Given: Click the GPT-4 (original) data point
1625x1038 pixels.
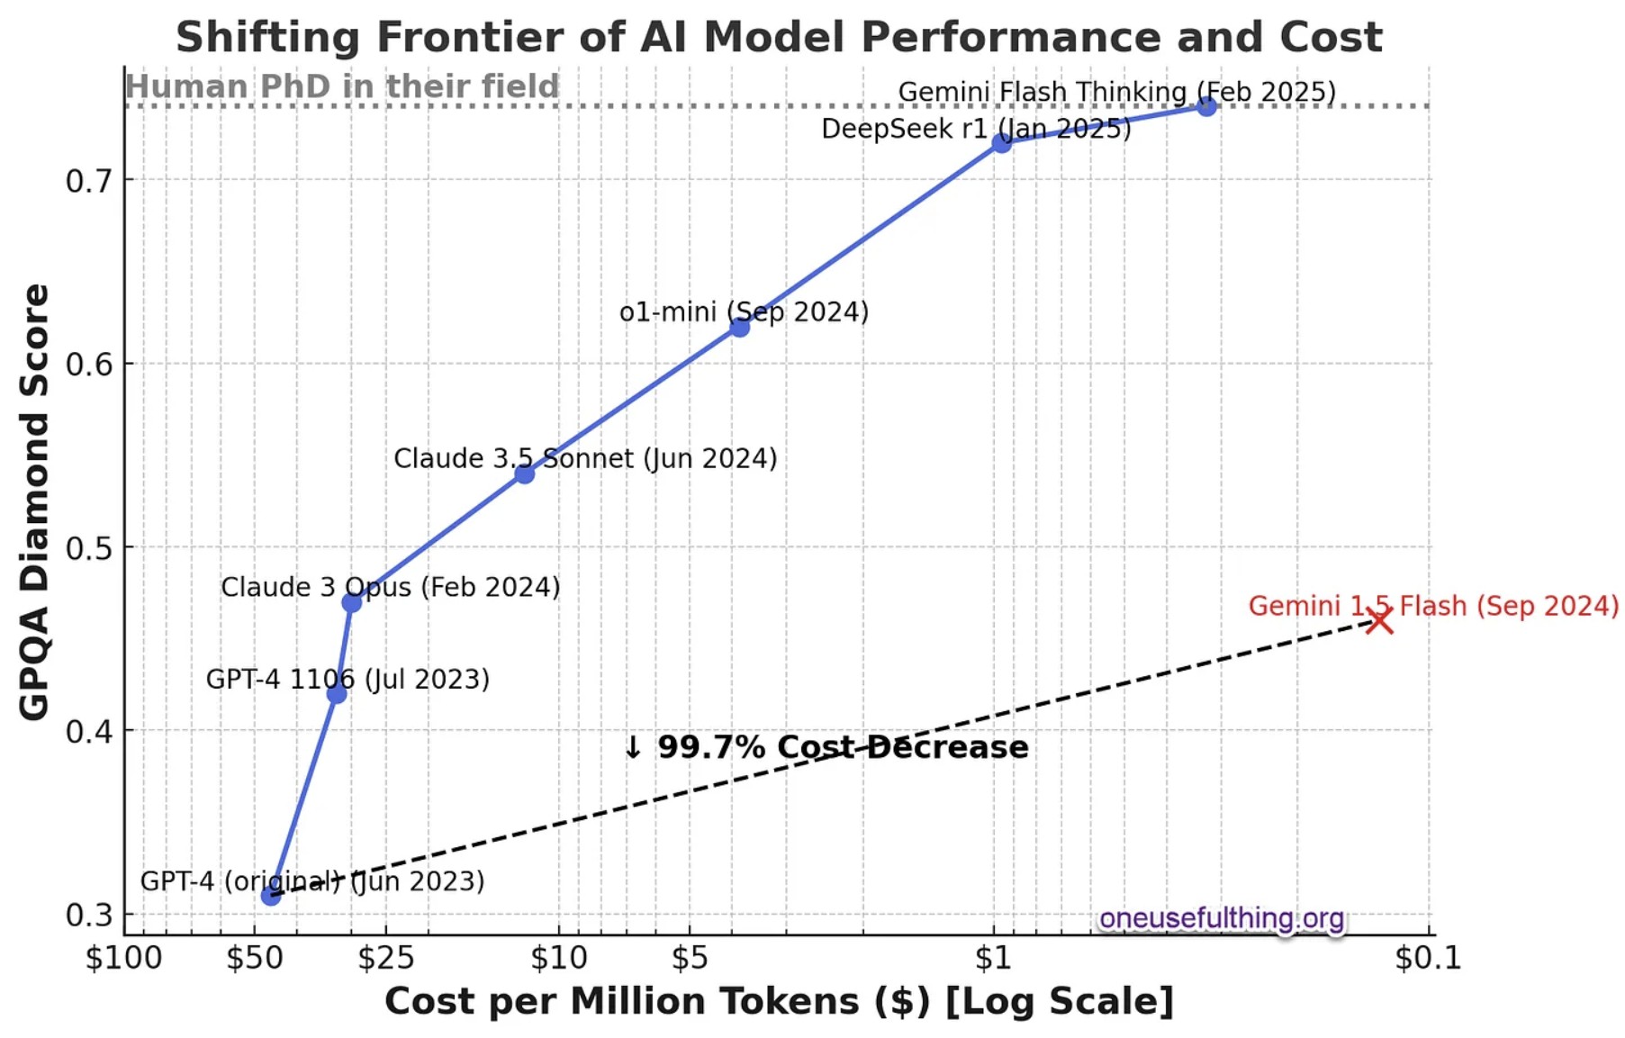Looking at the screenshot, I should coord(271,895).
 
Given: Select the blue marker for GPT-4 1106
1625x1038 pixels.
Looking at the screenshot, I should coord(337,694).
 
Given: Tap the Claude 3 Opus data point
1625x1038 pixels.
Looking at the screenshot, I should coord(352,602).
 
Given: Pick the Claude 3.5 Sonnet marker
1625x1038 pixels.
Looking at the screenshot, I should coord(525,474).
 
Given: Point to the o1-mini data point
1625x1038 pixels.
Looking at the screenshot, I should coord(739,327).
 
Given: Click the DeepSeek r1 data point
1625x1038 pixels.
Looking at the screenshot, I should coord(1001,143).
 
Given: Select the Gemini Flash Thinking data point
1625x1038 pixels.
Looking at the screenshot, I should coord(1206,107).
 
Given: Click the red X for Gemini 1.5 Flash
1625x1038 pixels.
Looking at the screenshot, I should coord(1379,619).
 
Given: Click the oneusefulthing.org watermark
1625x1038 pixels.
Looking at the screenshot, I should coord(1221,918).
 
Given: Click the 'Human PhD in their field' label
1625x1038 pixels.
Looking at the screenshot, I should coord(342,86).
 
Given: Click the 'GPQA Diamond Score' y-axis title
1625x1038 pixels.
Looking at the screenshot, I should coord(34,501).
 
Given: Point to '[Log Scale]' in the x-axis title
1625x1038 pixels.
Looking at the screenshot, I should coord(1060,1002).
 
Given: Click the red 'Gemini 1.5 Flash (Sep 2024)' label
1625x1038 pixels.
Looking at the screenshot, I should coord(1433,606).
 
